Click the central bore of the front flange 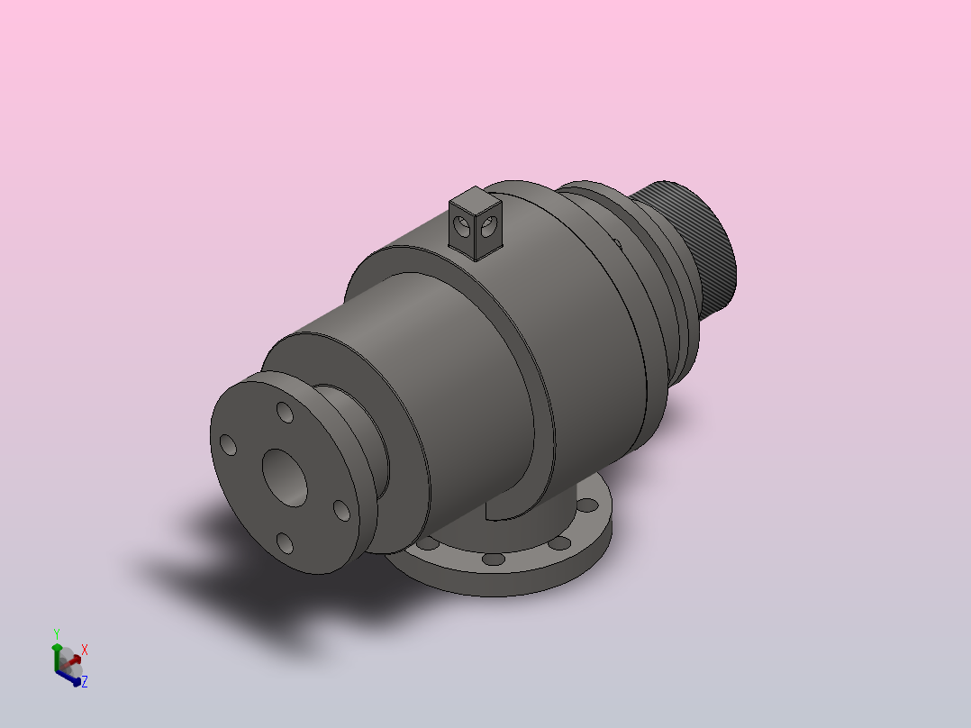click(x=285, y=478)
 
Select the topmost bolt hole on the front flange click(x=285, y=412)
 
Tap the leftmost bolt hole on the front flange click(x=229, y=445)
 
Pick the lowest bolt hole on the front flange click(x=285, y=543)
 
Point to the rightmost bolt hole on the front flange click(x=342, y=511)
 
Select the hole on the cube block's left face click(x=462, y=225)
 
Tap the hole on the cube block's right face click(x=488, y=227)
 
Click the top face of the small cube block click(x=475, y=199)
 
